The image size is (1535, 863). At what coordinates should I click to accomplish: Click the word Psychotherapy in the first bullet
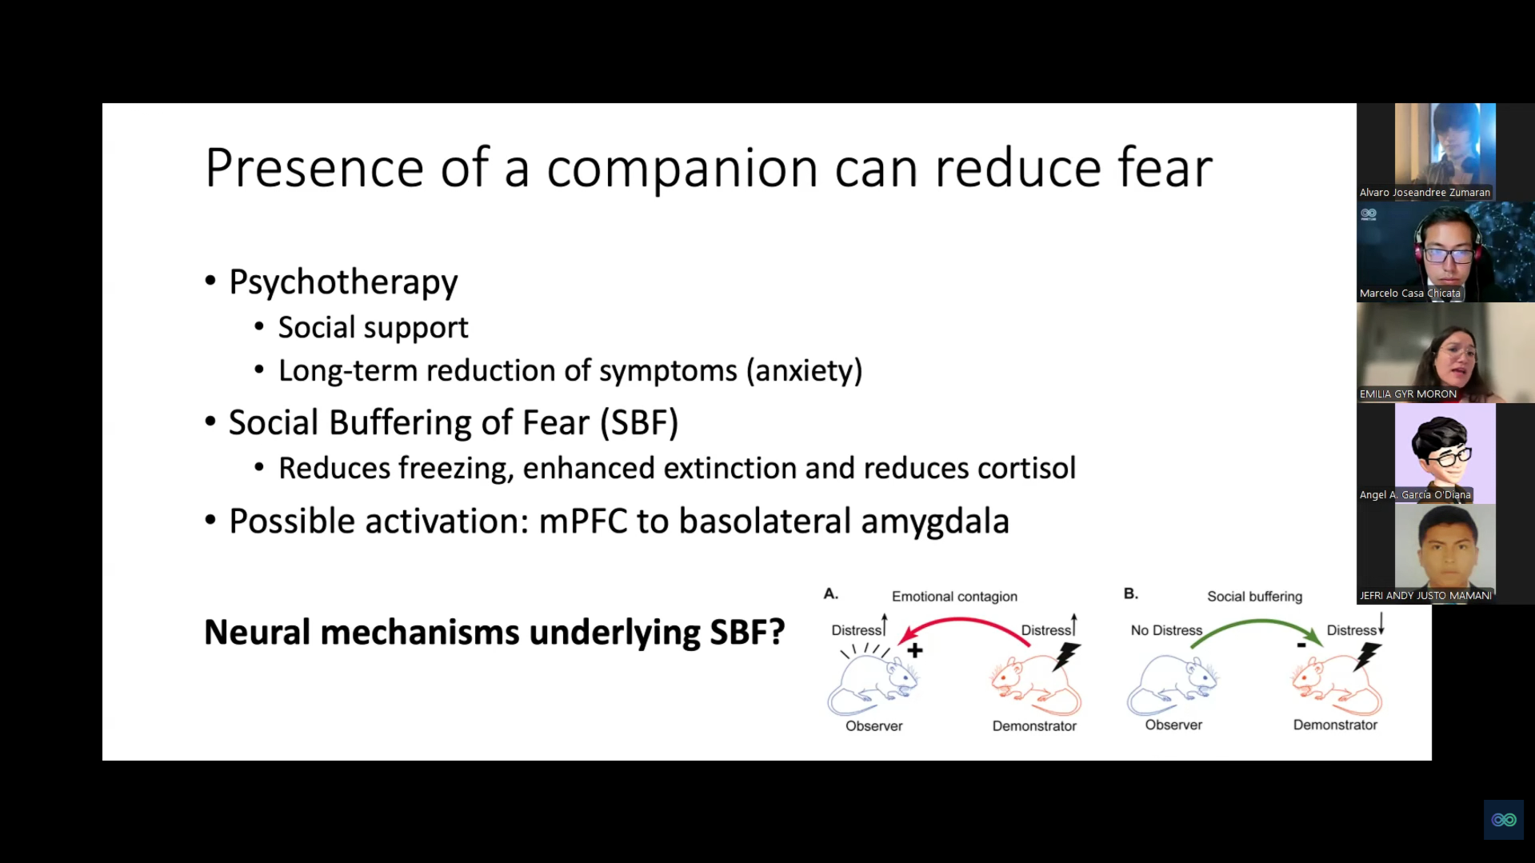coord(343,282)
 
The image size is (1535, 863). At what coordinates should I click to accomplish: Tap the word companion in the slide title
coord(682,168)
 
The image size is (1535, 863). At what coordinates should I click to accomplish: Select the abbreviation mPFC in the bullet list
coord(583,521)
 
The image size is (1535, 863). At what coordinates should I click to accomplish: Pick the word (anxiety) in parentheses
coord(804,370)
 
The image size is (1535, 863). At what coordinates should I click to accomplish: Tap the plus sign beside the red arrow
coord(915,651)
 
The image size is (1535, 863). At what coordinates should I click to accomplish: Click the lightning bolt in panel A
coord(1066,656)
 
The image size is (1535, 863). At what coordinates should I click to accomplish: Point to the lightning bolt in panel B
coord(1367,656)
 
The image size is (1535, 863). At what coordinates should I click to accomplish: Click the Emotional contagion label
coord(954,597)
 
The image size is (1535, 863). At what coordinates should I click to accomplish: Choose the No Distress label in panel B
coord(1166,630)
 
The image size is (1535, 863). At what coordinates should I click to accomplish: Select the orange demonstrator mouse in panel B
coord(1336,685)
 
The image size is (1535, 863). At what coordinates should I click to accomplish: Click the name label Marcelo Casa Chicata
coord(1410,294)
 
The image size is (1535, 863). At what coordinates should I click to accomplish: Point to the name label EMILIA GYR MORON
coord(1408,394)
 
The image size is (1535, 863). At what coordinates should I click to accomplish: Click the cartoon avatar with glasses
coord(1445,450)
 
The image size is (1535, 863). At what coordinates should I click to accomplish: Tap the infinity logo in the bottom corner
coord(1504,820)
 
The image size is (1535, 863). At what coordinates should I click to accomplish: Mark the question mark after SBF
coord(776,632)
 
